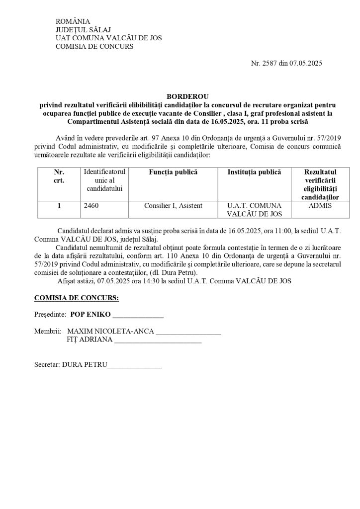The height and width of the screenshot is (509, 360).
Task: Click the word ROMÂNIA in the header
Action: tap(73, 21)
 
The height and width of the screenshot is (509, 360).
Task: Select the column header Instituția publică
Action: tap(254, 172)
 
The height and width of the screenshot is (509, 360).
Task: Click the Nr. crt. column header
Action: tap(59, 176)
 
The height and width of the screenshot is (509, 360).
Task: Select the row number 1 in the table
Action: tap(59, 206)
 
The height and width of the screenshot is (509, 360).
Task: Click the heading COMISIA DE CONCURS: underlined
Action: tap(76, 298)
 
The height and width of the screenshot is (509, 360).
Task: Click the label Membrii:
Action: tap(48, 331)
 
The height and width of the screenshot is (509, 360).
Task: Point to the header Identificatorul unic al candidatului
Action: tap(106, 180)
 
